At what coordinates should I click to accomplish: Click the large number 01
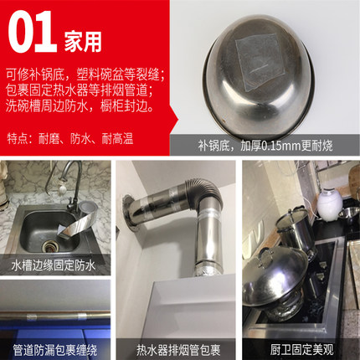(31, 32)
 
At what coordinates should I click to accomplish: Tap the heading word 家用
(83, 43)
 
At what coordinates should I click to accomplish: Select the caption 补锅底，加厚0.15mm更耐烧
(265, 146)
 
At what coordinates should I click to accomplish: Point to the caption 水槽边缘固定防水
(54, 265)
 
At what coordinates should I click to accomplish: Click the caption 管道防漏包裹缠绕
(55, 350)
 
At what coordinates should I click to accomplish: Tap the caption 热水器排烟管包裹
(178, 350)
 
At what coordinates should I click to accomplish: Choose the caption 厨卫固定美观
(301, 350)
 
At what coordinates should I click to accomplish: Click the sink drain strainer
(50, 247)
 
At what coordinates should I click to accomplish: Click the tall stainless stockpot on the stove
(296, 231)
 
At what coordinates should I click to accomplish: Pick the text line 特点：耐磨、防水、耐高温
(70, 139)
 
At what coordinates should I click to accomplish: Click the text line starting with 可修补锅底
(85, 75)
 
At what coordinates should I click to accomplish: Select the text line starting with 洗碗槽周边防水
(80, 106)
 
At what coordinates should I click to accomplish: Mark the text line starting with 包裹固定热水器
(80, 90)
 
